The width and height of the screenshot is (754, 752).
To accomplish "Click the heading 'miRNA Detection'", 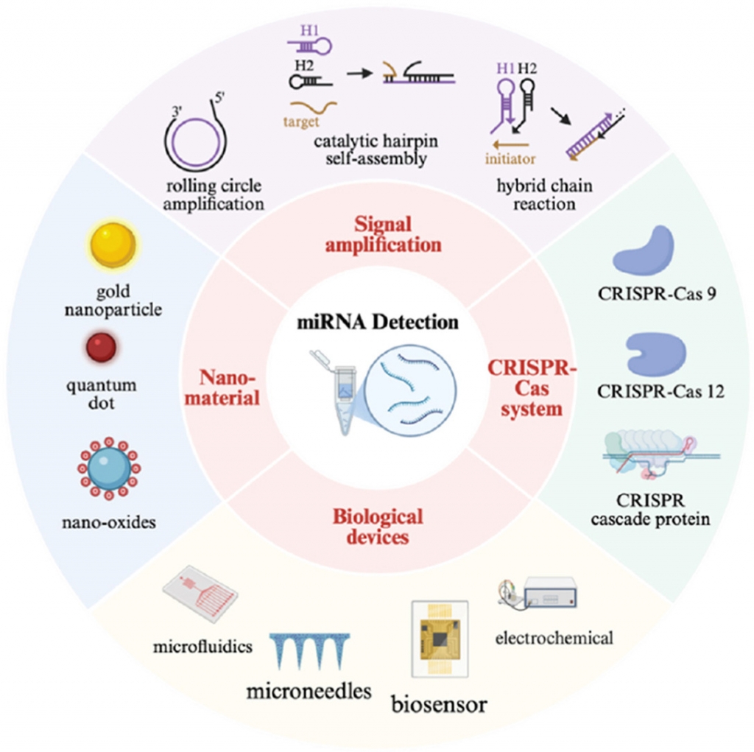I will coord(377,322).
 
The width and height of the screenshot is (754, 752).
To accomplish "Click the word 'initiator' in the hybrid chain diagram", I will coord(510,158).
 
